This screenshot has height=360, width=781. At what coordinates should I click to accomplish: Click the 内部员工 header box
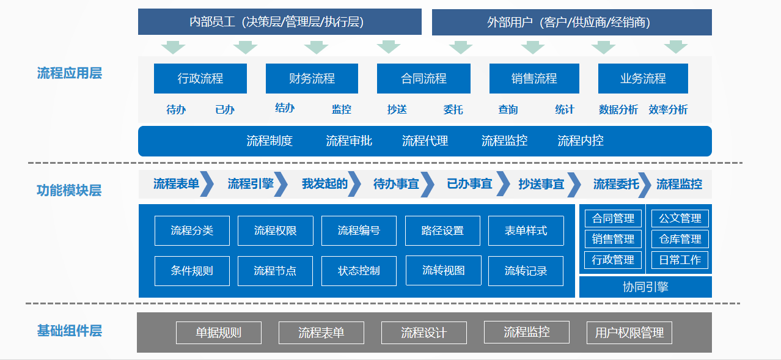click(x=280, y=21)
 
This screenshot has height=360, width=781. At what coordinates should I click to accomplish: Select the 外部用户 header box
click(x=572, y=23)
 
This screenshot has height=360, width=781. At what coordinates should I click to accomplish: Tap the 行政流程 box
click(x=200, y=78)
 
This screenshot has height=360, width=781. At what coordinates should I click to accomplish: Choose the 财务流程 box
click(x=312, y=78)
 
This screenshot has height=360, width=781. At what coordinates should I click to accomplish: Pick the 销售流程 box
click(x=534, y=78)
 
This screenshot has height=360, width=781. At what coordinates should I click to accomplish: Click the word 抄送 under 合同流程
click(x=397, y=109)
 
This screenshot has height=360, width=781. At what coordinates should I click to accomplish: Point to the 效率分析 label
click(x=668, y=109)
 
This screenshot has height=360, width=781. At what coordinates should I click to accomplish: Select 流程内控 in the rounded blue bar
click(x=581, y=141)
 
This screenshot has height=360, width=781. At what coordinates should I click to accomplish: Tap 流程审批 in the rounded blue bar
click(x=349, y=141)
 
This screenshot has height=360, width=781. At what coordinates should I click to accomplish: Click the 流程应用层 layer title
click(x=70, y=73)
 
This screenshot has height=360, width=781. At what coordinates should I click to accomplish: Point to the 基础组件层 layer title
click(x=70, y=331)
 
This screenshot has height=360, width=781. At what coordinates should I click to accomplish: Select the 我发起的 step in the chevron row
click(x=324, y=184)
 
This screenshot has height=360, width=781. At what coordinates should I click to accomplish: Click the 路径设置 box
click(x=442, y=230)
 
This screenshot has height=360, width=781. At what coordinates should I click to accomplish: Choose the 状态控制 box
click(x=359, y=271)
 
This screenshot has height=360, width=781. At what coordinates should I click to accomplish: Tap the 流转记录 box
click(x=526, y=271)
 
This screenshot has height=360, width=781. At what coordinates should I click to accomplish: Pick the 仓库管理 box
click(x=680, y=239)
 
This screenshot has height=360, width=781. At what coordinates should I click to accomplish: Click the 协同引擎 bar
click(x=645, y=287)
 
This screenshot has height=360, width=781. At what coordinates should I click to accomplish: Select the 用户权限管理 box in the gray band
click(x=629, y=332)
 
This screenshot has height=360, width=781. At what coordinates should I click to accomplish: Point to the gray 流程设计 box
click(x=424, y=332)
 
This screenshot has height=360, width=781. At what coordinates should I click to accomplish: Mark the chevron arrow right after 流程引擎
click(x=281, y=184)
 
